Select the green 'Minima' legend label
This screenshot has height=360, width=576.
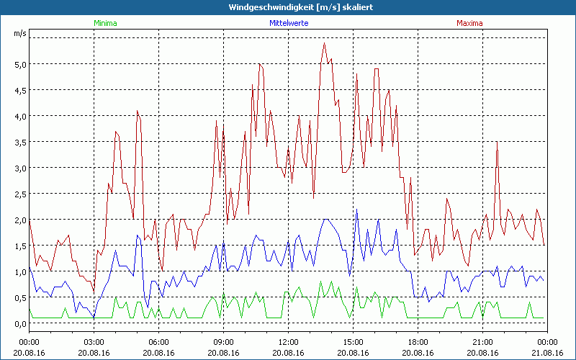(x=105, y=23)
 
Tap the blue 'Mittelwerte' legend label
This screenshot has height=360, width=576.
(x=289, y=23)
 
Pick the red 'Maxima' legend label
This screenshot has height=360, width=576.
(x=469, y=23)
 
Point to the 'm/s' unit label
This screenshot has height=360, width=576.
(x=19, y=33)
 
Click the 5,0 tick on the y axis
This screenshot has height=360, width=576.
(x=19, y=64)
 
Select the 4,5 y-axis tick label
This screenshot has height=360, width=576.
(x=19, y=90)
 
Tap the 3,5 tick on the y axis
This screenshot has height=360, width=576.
(x=19, y=142)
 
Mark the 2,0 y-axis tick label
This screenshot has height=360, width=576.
(x=19, y=220)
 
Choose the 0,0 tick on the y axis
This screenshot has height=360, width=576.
(x=19, y=323)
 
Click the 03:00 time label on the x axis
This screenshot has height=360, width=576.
(x=94, y=341)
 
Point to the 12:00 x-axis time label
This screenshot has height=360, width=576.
(x=288, y=341)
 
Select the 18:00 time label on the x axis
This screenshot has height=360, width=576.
(x=418, y=341)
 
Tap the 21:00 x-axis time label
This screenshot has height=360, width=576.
(x=482, y=341)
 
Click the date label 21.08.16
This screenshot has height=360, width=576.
(x=547, y=352)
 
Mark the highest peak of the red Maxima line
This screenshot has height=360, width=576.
(x=324, y=43)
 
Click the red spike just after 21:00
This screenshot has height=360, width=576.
(x=497, y=142)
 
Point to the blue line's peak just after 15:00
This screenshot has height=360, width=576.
(x=357, y=210)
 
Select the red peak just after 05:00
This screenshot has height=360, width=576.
(x=137, y=111)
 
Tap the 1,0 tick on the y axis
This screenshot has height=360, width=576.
(x=19, y=271)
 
